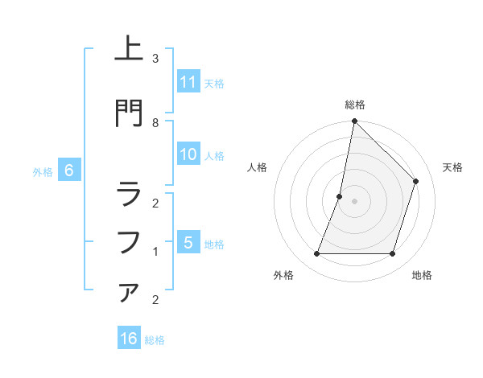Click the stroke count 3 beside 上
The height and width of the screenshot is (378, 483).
(x=155, y=59)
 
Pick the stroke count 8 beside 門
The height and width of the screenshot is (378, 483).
(x=155, y=122)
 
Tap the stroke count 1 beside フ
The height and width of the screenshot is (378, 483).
(x=155, y=252)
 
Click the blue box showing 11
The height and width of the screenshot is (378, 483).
(x=188, y=82)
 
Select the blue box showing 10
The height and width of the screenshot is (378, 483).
(x=188, y=155)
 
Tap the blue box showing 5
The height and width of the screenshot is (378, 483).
(x=188, y=243)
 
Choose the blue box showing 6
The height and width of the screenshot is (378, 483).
(x=69, y=171)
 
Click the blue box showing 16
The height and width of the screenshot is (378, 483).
(x=129, y=339)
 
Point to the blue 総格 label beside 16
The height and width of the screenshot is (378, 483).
(x=155, y=340)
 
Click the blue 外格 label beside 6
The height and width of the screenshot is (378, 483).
(x=43, y=172)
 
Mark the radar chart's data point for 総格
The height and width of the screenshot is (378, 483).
(x=354, y=121)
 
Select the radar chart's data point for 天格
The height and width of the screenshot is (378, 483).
(x=416, y=181)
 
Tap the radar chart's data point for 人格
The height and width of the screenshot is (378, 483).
(x=340, y=196)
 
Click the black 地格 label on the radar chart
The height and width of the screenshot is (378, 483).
(x=422, y=276)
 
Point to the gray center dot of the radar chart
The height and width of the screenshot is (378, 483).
(x=354, y=201)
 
